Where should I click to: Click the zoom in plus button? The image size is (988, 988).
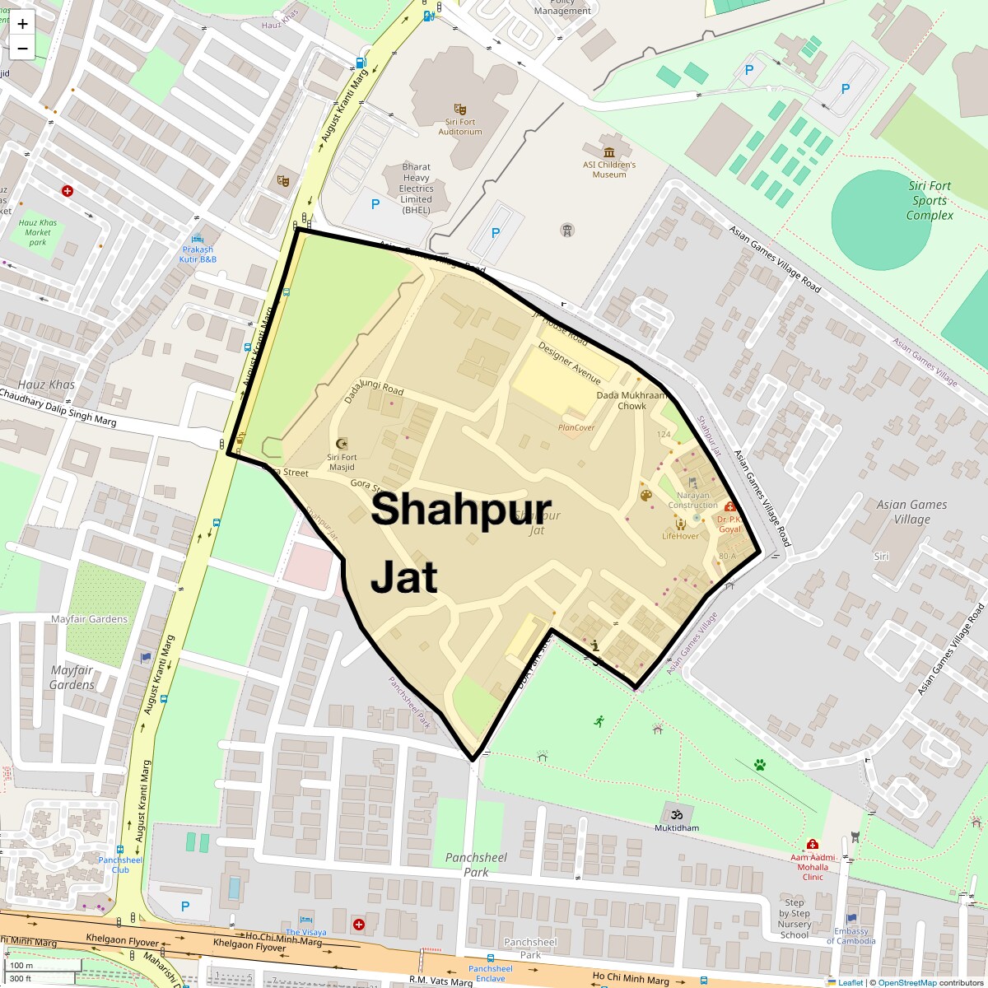22,24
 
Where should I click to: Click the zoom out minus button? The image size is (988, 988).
22,49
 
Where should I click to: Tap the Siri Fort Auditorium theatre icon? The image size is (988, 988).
459,109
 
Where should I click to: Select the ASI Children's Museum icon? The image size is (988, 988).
609,152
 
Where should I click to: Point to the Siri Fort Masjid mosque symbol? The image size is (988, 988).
343,444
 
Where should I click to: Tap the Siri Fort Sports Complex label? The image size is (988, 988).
930,201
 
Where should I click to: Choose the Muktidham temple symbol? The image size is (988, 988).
678,813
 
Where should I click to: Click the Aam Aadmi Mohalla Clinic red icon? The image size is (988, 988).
813,845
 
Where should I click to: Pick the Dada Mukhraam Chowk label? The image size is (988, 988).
631,400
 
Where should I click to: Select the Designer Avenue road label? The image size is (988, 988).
570,363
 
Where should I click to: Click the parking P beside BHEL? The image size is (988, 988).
375,204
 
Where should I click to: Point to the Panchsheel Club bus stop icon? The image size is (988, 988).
120,849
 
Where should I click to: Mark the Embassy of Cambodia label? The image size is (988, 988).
851,936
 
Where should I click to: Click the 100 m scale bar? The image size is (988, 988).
33,966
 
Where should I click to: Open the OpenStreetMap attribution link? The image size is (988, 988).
906,982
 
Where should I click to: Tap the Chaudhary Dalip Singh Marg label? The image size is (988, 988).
58,408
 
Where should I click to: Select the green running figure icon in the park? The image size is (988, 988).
599,721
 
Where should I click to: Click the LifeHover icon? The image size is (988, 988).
680,524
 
